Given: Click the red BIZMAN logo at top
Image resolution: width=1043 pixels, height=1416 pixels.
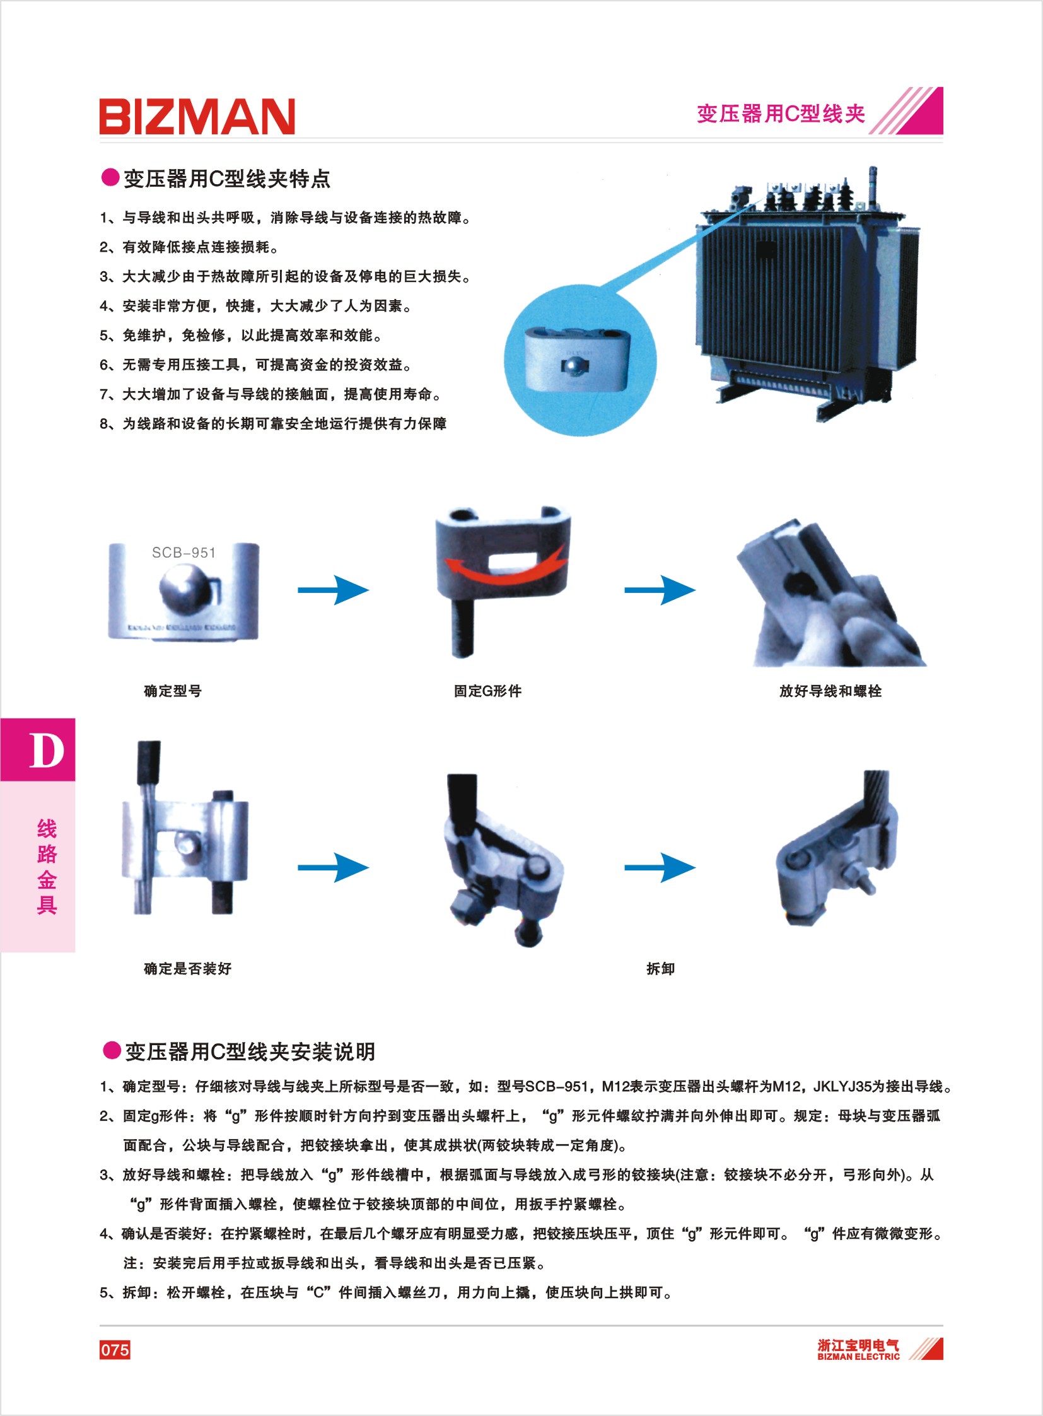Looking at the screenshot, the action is [197, 116].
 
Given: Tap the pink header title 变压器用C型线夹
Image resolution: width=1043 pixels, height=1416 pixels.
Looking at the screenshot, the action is [781, 114].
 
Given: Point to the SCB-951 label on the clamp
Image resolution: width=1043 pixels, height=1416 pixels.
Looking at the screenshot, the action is [184, 553].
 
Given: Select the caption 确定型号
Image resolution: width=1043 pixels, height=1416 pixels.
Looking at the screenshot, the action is [173, 691].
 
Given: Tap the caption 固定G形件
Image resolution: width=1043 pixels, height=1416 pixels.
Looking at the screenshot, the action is [487, 691].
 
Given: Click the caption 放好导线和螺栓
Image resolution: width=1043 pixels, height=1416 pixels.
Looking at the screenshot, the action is [830, 691].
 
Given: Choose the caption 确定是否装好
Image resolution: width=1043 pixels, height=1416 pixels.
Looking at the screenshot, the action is [187, 969].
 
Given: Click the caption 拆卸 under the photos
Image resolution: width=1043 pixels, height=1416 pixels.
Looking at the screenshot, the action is [660, 969].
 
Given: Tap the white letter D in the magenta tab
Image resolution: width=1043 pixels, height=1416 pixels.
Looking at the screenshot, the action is [47, 751].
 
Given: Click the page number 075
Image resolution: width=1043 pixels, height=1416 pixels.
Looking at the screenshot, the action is [115, 1350].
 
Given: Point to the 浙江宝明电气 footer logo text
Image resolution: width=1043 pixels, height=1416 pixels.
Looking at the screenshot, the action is [858, 1345].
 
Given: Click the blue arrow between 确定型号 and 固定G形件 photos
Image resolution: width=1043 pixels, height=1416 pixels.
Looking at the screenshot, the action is [334, 590].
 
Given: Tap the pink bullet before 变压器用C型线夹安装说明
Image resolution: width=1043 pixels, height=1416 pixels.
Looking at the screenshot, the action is [112, 1050].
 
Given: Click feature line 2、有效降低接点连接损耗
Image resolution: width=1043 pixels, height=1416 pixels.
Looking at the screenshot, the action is [189, 247].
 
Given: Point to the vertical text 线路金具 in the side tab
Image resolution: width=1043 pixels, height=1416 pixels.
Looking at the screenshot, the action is [47, 867].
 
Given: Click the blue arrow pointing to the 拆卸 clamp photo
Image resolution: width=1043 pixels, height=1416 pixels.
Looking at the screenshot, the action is [660, 868].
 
